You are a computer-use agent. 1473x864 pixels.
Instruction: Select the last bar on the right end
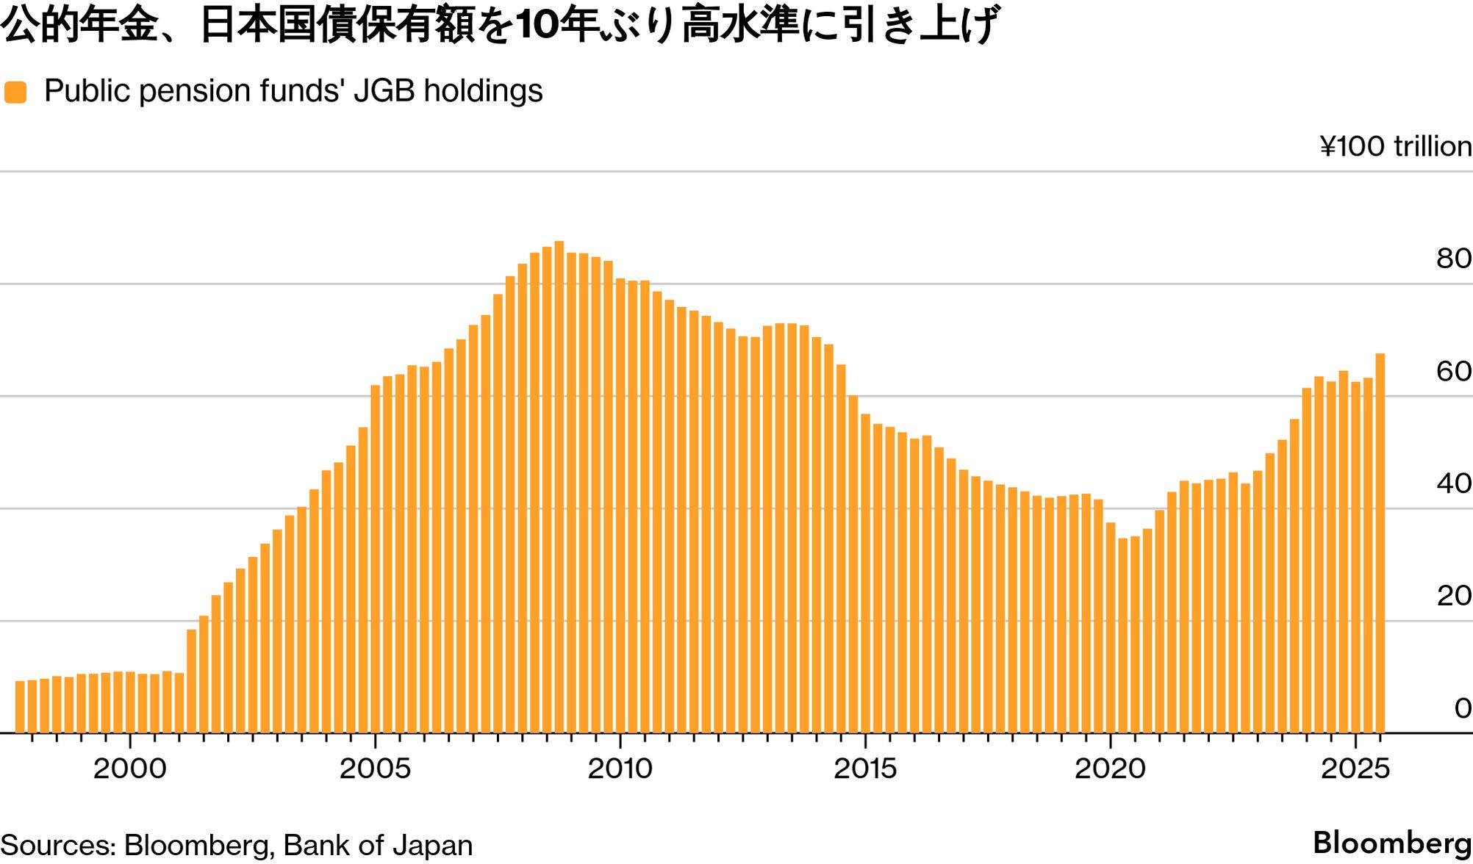point(1380,543)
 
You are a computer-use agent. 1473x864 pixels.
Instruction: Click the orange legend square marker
point(15,93)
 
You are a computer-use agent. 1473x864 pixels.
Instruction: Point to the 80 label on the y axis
point(1453,259)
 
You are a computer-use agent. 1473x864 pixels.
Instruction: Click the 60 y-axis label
point(1453,371)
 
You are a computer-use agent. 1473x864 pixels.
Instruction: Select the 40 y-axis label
point(1453,483)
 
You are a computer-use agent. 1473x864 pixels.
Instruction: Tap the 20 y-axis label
point(1453,596)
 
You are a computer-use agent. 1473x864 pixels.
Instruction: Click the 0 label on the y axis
point(1462,708)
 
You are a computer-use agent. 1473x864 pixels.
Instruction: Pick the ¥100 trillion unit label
point(1395,146)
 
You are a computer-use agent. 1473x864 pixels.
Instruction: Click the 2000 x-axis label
point(130,768)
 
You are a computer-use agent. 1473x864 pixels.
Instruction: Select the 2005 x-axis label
point(375,768)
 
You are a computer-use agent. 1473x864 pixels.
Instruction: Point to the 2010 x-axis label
point(620,768)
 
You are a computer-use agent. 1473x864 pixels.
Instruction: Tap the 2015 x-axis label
point(865,768)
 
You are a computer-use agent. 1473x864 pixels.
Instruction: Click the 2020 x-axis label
point(1110,768)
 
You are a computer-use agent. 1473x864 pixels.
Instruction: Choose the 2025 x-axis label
point(1355,768)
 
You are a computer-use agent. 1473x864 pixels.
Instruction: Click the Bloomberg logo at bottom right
point(1391,843)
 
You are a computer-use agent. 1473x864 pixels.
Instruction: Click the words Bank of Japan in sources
point(378,846)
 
